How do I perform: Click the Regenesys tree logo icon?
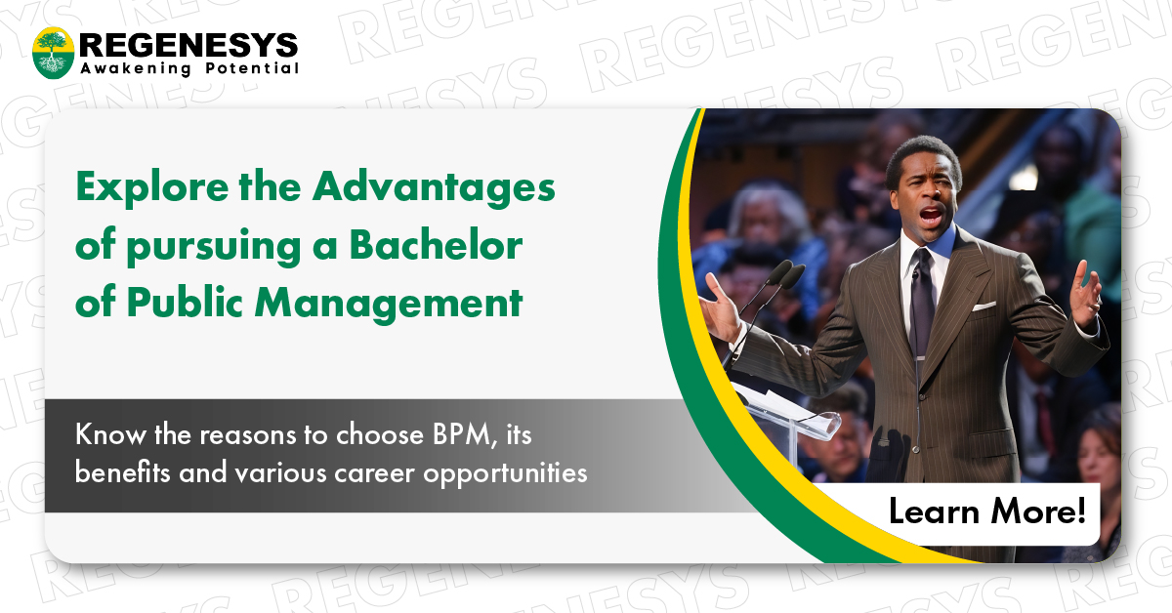click(53, 53)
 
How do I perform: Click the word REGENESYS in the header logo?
click(188, 45)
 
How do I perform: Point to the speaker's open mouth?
click(931, 213)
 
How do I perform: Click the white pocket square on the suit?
click(983, 306)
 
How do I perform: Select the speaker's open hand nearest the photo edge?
click(1084, 294)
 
